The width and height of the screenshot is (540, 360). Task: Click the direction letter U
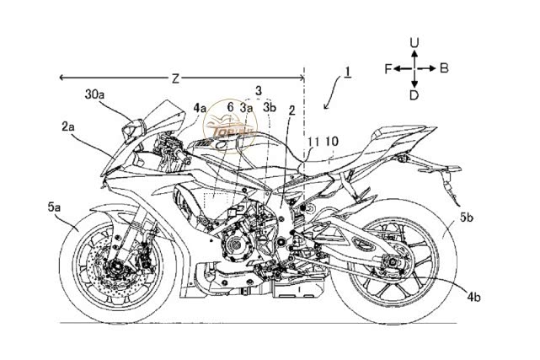click(x=414, y=41)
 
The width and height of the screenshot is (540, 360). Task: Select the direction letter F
click(x=389, y=68)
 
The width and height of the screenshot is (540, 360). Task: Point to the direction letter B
click(x=443, y=68)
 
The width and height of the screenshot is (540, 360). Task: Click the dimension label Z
click(x=175, y=79)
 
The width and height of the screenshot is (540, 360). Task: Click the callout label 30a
click(x=94, y=94)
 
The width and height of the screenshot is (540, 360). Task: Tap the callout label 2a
click(x=69, y=126)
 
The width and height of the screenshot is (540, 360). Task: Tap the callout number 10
click(x=332, y=141)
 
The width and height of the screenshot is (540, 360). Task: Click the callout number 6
click(x=230, y=108)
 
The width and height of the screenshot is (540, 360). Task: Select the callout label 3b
click(x=269, y=108)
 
